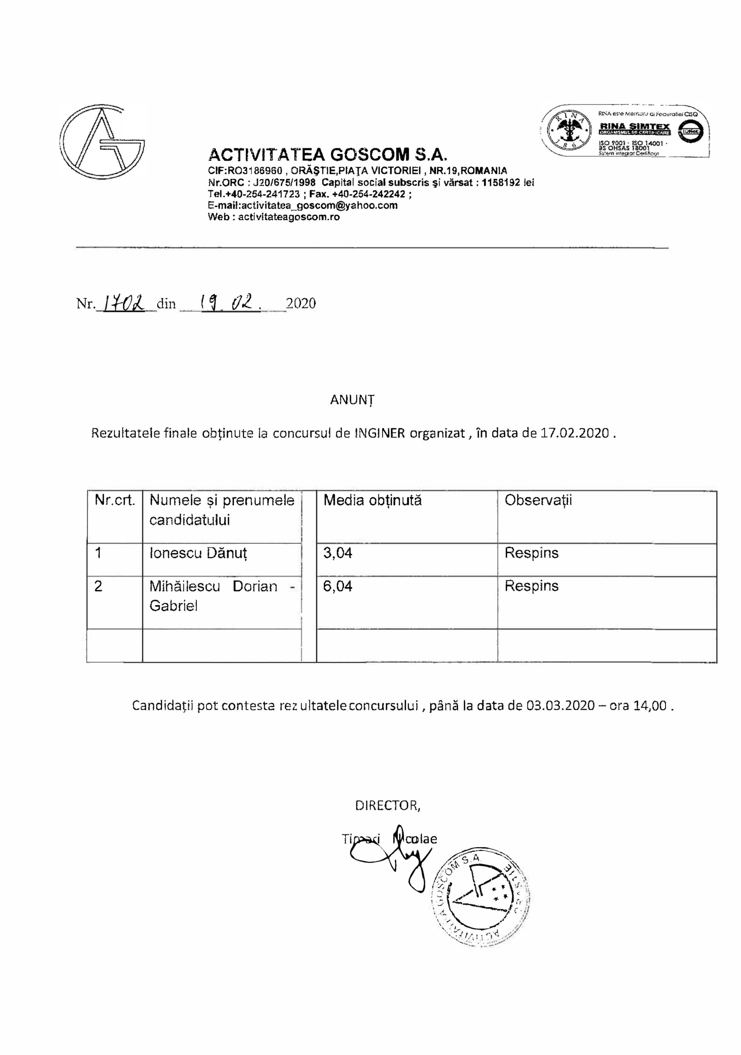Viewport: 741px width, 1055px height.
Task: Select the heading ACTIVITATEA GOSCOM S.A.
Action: (x=328, y=154)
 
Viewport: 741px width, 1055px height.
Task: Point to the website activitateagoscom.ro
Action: (x=288, y=217)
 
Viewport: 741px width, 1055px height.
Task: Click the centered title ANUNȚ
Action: (x=352, y=400)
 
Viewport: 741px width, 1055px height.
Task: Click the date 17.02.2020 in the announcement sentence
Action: (x=575, y=433)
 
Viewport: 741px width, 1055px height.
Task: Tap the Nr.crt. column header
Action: (x=115, y=500)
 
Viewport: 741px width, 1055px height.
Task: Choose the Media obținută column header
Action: (x=372, y=500)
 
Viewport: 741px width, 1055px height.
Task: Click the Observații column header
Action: (x=538, y=500)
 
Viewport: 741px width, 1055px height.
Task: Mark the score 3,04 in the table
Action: (x=338, y=553)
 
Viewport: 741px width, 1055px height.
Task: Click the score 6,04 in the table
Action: (x=338, y=586)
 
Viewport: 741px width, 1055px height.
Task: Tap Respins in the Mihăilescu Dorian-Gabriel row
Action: (x=531, y=586)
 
